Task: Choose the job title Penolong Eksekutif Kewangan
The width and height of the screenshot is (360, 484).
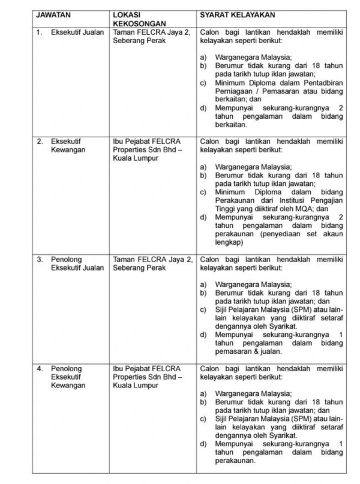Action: click(x=68, y=377)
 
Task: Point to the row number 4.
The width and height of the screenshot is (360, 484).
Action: click(x=40, y=368)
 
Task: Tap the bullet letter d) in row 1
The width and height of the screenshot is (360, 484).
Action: click(x=203, y=108)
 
